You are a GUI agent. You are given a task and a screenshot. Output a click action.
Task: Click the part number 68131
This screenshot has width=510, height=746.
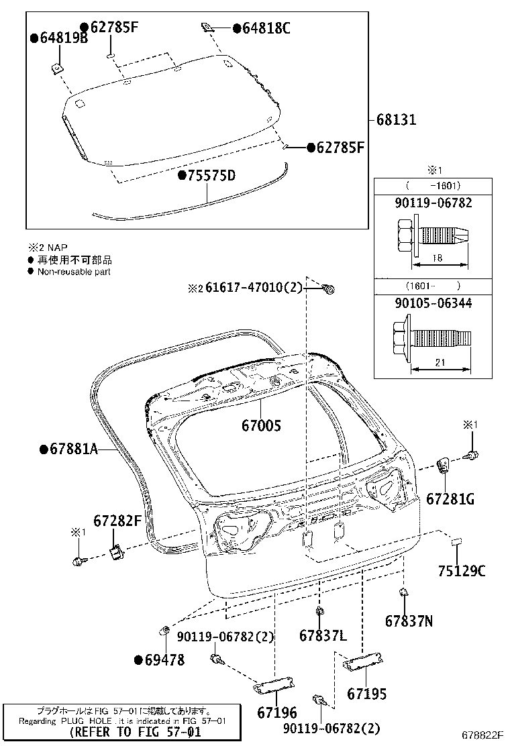coord(396,120)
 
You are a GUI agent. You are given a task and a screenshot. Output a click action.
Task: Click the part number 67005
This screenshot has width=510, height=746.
coord(261,425)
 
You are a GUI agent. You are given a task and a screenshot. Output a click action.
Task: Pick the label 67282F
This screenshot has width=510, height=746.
coord(117,521)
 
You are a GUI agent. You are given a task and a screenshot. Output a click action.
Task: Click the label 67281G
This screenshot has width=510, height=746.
coord(450,498)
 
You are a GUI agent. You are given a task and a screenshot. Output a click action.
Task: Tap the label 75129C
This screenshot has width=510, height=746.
coord(462,571)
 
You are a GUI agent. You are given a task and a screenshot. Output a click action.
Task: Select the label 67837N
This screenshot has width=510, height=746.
coord(409,621)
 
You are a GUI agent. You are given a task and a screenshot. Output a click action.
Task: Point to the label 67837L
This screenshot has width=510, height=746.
coord(323,635)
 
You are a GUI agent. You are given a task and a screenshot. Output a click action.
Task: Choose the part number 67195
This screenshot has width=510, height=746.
coord(367,694)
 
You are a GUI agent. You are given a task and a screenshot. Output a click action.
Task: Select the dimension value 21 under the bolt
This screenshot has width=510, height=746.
coord(440,362)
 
